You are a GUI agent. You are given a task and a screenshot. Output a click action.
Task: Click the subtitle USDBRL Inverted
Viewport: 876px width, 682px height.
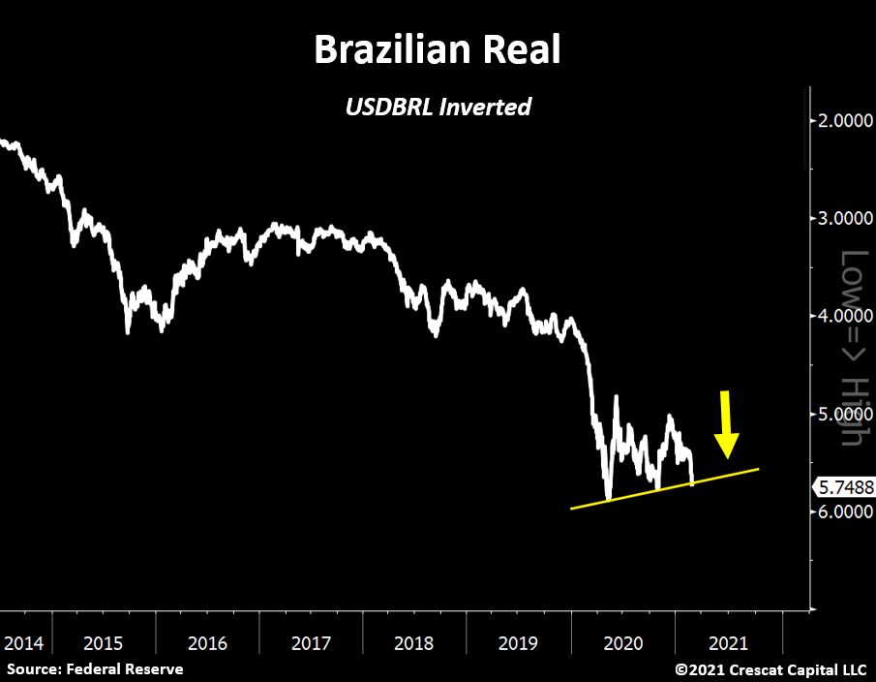click(438, 107)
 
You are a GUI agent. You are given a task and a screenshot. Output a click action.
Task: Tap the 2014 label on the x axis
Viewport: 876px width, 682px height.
click(23, 643)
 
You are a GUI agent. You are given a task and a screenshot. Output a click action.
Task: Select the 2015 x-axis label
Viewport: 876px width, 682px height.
click(104, 643)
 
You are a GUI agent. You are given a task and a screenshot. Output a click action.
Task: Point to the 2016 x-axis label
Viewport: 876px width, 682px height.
click(207, 643)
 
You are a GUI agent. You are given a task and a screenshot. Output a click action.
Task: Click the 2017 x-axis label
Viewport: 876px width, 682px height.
click(311, 643)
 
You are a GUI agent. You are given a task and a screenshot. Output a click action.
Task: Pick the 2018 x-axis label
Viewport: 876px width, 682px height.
click(414, 643)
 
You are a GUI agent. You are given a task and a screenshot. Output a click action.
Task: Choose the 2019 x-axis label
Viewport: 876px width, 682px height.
click(518, 643)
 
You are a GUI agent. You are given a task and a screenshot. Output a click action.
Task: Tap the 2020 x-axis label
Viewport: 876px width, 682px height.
click(621, 643)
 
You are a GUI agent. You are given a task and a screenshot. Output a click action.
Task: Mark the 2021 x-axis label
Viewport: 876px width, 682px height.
click(725, 643)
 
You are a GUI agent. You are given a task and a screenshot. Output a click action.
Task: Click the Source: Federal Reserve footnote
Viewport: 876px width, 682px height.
click(95, 668)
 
